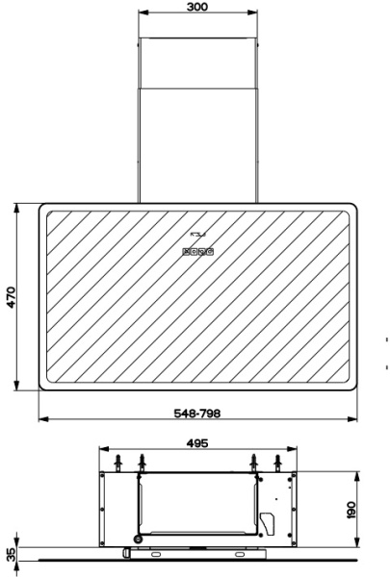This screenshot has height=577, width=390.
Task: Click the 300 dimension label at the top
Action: click(x=197, y=7)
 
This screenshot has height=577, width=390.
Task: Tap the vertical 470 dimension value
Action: click(x=11, y=297)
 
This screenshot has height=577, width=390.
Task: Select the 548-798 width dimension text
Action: click(x=197, y=414)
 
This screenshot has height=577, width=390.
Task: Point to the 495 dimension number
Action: click(x=197, y=443)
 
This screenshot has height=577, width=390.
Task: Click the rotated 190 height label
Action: click(x=351, y=510)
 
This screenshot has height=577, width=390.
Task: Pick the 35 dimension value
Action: click(x=12, y=555)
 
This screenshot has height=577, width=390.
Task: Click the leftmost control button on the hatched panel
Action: click(x=186, y=252)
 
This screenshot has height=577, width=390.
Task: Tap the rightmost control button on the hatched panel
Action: click(x=210, y=252)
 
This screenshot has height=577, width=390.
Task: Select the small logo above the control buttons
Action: click(x=198, y=234)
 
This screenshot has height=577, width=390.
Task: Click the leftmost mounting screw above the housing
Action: click(x=117, y=463)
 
